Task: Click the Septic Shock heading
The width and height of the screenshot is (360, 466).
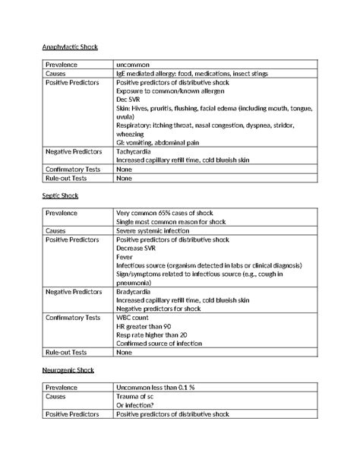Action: coord(60,195)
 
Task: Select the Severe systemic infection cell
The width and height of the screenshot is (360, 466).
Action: coord(158,230)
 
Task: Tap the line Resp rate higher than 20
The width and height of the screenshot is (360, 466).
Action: coord(151,335)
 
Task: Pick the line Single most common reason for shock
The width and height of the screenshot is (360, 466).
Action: coord(171,221)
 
